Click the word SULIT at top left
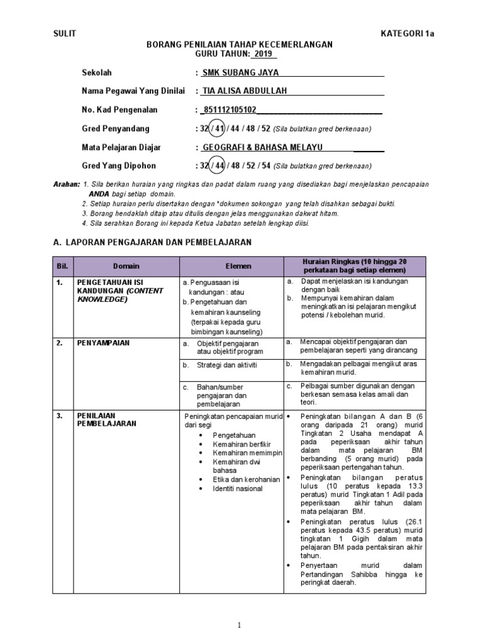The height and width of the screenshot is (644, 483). [64, 34]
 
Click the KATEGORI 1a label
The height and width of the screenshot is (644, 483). [407, 34]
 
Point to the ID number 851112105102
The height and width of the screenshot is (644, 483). [229, 110]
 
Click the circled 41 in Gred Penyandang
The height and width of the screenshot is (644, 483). [217, 128]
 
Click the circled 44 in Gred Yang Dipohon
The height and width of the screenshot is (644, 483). [217, 166]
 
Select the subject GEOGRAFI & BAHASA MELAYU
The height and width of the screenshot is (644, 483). [262, 147]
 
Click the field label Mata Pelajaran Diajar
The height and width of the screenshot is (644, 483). [121, 147]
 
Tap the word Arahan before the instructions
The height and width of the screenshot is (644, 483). [66, 184]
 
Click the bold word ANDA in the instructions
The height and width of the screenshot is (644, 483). [99, 194]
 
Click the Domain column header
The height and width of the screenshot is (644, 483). [126, 266]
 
